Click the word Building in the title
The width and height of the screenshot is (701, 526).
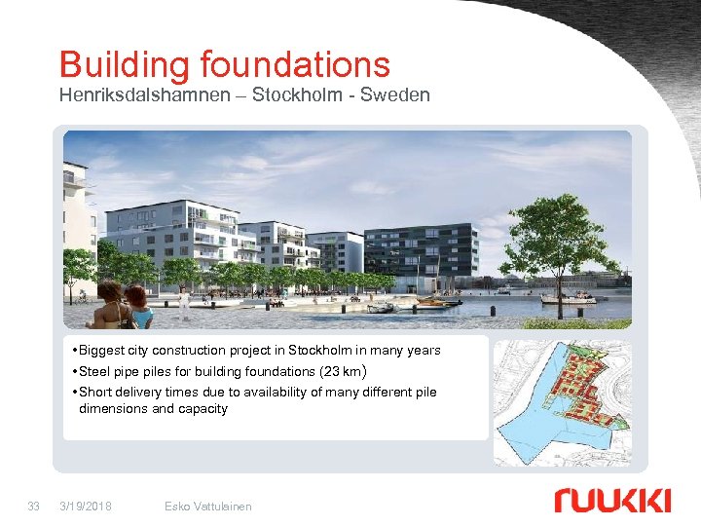[x=125, y=65]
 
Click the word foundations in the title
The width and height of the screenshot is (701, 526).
[x=295, y=65]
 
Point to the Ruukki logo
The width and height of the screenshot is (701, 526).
[x=612, y=501]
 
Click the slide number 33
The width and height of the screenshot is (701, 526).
[x=34, y=506]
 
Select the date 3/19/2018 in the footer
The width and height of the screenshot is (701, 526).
[x=85, y=506]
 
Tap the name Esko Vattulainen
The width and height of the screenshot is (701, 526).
[x=208, y=506]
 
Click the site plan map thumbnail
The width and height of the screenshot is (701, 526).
[x=562, y=402]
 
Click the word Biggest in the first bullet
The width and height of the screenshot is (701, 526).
[x=103, y=350]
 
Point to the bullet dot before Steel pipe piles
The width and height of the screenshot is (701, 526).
[x=75, y=371]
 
